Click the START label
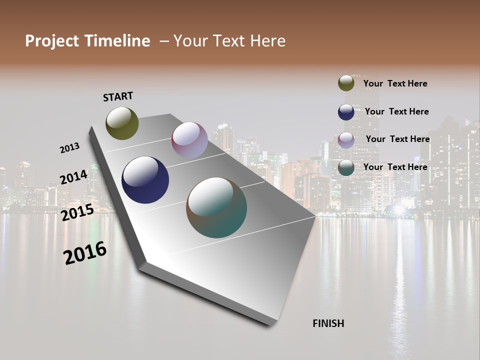[x=118, y=96]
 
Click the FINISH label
[x=328, y=323]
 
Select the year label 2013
[x=69, y=148]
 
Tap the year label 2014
[x=73, y=177]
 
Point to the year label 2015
[x=77, y=212]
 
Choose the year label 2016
[x=85, y=252]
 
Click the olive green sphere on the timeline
[x=122, y=123]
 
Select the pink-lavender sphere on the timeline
[x=189, y=140]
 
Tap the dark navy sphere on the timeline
[x=145, y=180]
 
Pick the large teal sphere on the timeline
[x=216, y=207]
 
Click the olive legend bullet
[x=346, y=83]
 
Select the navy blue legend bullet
[x=346, y=111]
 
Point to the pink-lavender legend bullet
[x=346, y=139]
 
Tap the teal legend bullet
[x=346, y=167]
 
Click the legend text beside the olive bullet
[x=395, y=83]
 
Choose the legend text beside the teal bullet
[x=395, y=167]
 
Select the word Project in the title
[x=52, y=41]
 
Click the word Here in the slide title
[x=267, y=41]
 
